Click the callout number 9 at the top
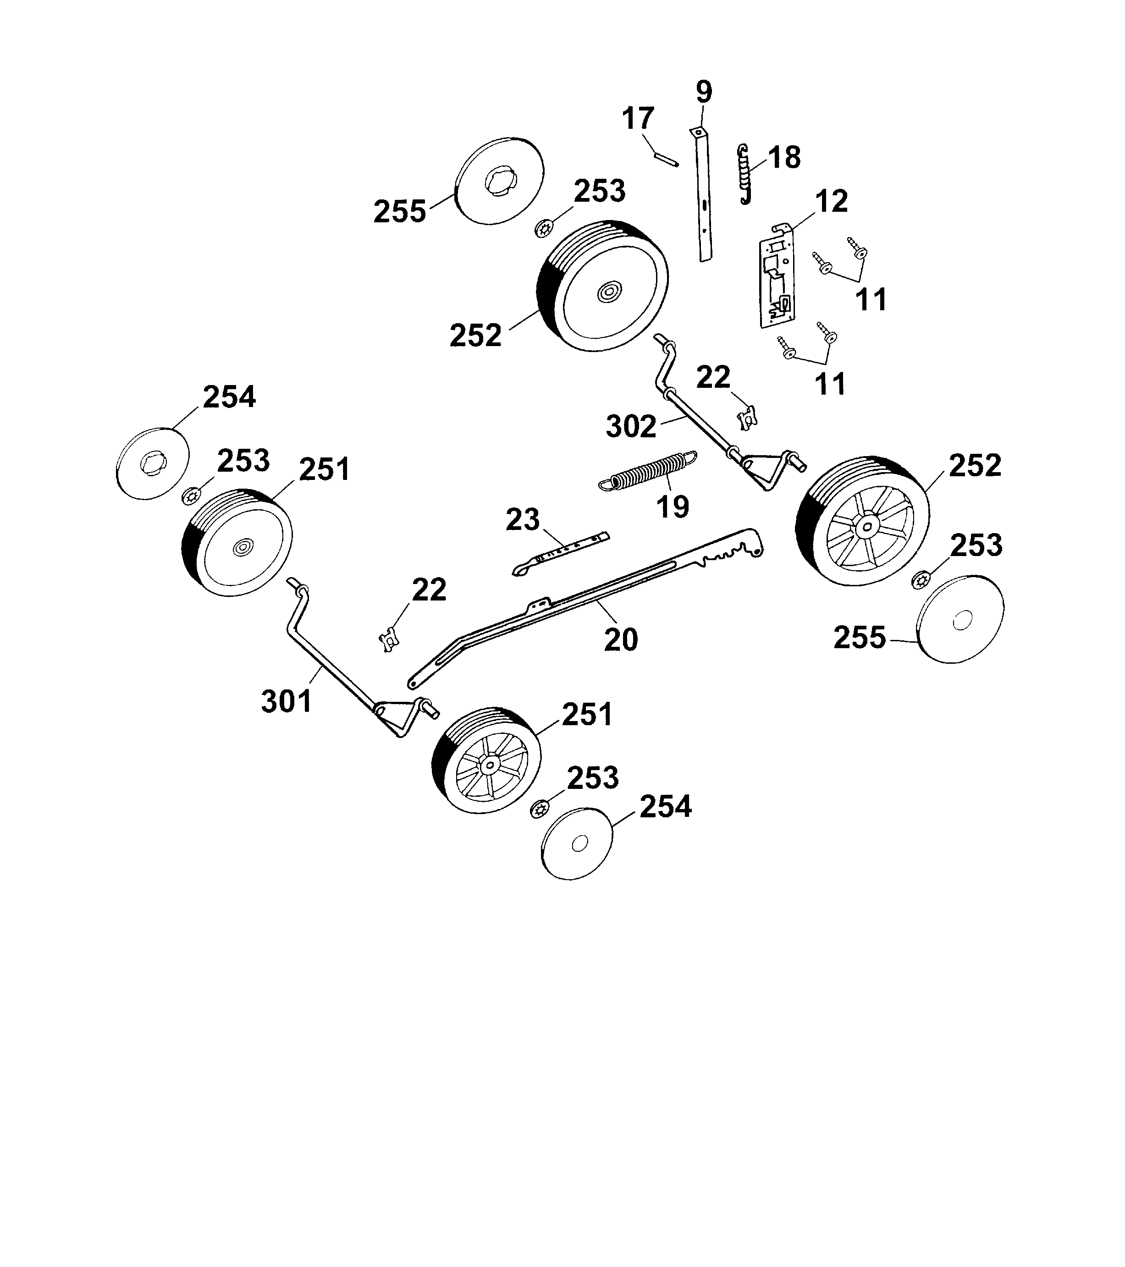click(x=704, y=92)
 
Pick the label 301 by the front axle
click(x=287, y=701)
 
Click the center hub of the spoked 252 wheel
click(x=866, y=527)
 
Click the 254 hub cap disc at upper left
click(x=153, y=463)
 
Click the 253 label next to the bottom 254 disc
click(x=593, y=777)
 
